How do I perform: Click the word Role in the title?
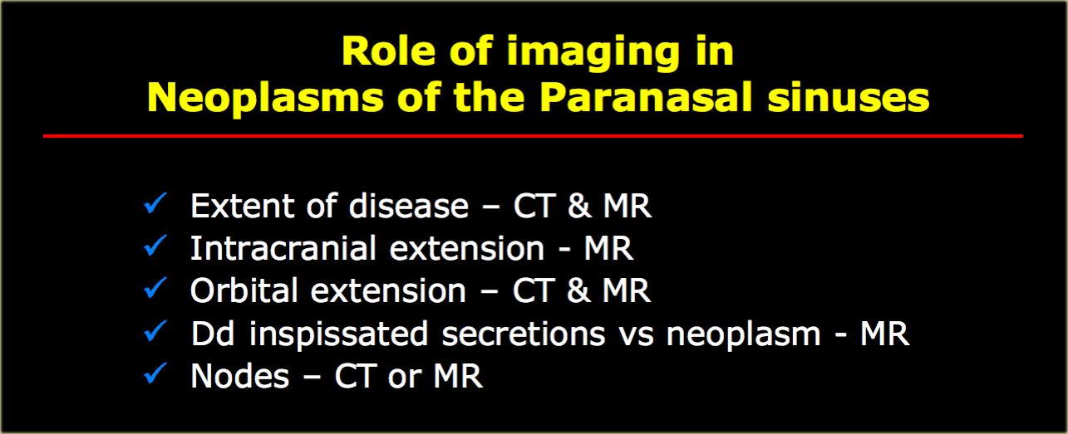389,51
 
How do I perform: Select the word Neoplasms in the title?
266,99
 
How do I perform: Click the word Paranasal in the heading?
646,97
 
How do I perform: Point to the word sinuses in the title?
849,98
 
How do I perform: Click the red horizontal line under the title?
533,136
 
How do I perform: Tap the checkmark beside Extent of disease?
155,203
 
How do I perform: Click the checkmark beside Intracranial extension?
155,246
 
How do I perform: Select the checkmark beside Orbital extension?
155,288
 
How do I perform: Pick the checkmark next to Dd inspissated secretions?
155,331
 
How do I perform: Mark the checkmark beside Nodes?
155,373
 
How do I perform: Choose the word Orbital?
244,290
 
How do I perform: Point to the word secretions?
523,334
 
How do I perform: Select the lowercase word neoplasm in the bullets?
743,335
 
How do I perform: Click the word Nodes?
240,376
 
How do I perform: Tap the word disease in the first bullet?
409,206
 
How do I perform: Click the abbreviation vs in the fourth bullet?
636,336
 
